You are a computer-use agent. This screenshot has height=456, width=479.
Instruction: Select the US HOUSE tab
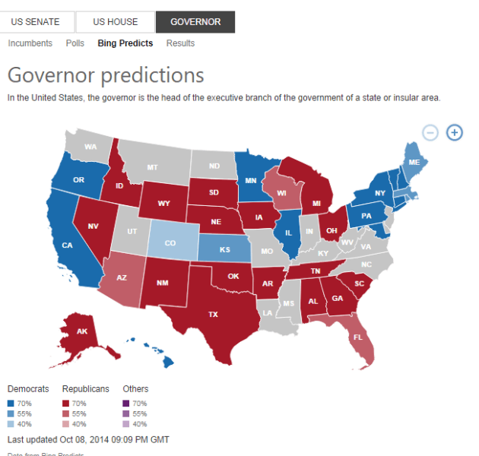point(115,22)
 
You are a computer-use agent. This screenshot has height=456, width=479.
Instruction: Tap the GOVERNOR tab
point(195,22)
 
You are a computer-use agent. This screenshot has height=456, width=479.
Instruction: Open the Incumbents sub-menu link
point(30,43)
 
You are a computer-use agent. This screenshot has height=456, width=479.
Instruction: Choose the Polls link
point(75,43)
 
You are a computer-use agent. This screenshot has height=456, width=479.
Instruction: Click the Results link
point(180,43)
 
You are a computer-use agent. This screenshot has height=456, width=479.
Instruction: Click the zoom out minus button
point(430,132)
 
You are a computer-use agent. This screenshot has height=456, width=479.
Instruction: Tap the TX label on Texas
point(214,314)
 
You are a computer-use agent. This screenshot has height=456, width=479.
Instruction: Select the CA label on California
point(67,245)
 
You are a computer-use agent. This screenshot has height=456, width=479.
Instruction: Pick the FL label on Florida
point(358,335)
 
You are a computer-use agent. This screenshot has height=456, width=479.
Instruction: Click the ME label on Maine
point(414,163)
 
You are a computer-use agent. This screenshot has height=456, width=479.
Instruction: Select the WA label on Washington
point(90,147)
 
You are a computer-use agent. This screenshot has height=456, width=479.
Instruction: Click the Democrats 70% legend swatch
point(10,403)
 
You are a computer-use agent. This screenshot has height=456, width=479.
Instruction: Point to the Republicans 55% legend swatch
point(66,413)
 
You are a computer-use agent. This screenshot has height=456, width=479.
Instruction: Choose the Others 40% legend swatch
point(126,424)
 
